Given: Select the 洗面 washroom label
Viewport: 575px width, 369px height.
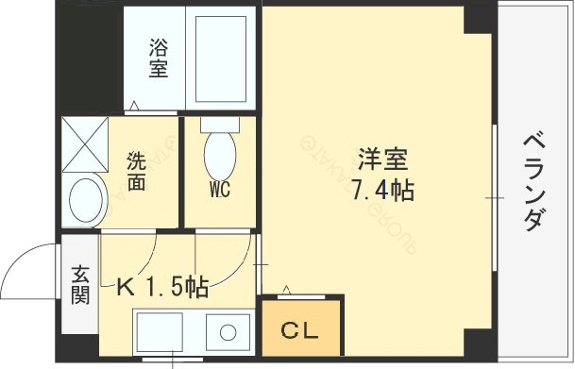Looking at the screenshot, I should click(137, 171).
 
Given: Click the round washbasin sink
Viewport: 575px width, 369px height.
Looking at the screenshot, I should click(87, 200).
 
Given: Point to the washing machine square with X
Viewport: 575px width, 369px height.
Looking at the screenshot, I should click(86, 146).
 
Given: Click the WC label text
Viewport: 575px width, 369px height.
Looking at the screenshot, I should click(220, 189).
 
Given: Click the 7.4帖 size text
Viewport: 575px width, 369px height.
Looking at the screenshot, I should click(381, 190).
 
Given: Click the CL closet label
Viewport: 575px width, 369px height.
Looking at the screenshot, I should click(301, 331).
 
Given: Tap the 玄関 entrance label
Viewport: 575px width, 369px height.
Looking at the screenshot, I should click(80, 285).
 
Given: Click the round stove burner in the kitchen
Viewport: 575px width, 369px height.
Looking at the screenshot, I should click(227, 332).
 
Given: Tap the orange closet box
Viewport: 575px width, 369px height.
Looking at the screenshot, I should click(301, 326).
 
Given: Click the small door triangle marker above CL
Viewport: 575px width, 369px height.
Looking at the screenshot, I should click(288, 288).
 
